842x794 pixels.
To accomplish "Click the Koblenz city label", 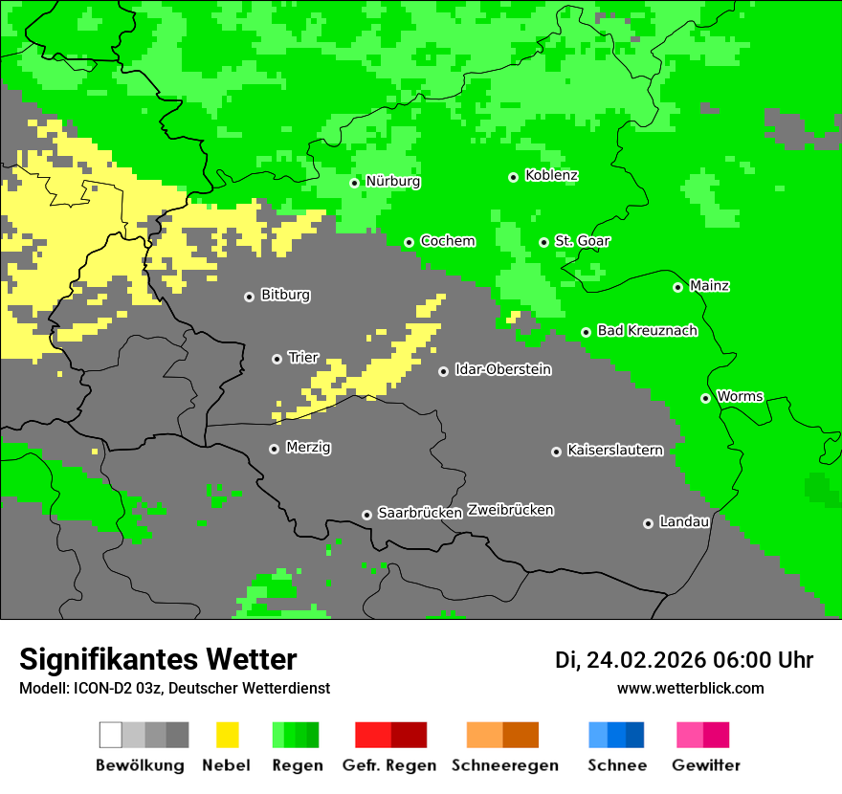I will point(551,176).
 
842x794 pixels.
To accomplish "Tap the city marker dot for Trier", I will point(277,359).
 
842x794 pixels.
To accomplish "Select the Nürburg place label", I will point(392,182).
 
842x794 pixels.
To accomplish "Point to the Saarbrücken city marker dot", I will point(366,515).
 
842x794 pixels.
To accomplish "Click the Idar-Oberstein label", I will point(503,370).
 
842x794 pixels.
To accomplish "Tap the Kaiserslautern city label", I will point(615,451).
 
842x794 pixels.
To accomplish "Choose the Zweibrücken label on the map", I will point(510,511).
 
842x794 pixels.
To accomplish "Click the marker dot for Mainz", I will point(677,287).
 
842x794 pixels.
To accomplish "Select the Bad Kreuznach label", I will point(647,331).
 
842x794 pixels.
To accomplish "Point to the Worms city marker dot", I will point(705,398).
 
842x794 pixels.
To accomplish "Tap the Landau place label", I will point(684,522).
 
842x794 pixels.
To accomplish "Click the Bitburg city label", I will point(285,296).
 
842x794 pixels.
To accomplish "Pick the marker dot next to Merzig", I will point(274,449).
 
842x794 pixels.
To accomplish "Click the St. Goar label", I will point(582,241).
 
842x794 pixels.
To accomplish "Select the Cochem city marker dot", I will point(409,242).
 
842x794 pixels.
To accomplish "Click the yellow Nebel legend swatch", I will point(227,735).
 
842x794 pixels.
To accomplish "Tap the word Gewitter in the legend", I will point(706,765).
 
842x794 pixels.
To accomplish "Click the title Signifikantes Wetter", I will point(158,659).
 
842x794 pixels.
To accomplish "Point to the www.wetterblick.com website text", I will point(690,688).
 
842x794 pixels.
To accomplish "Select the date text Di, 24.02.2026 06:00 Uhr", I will point(684,660).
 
